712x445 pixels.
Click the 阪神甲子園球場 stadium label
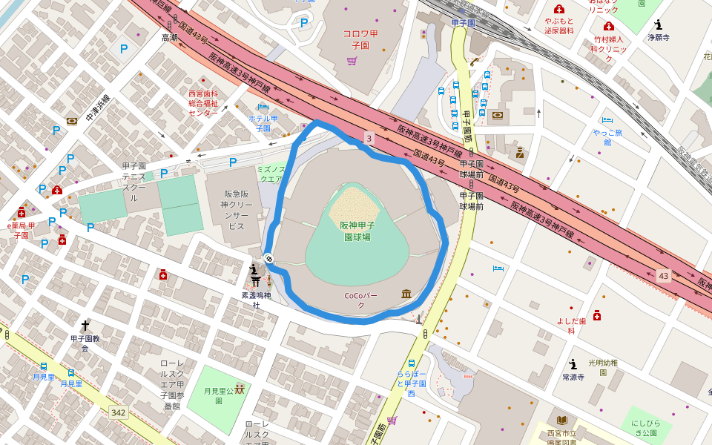(x=357, y=231)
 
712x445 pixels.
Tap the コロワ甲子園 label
(x=360, y=39)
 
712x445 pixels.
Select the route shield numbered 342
(x=118, y=412)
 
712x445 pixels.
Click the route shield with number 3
(x=369, y=138)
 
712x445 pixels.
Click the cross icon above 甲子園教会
(x=85, y=325)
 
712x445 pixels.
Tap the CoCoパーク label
(x=361, y=300)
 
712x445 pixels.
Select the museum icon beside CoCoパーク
(x=406, y=294)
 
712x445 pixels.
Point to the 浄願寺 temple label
(x=658, y=37)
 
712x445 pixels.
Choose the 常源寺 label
(x=573, y=377)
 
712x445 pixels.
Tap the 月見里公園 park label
(x=219, y=395)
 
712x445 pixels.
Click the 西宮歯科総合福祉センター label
(x=203, y=103)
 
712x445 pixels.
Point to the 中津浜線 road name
(x=97, y=108)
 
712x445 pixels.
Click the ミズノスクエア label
(x=271, y=174)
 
